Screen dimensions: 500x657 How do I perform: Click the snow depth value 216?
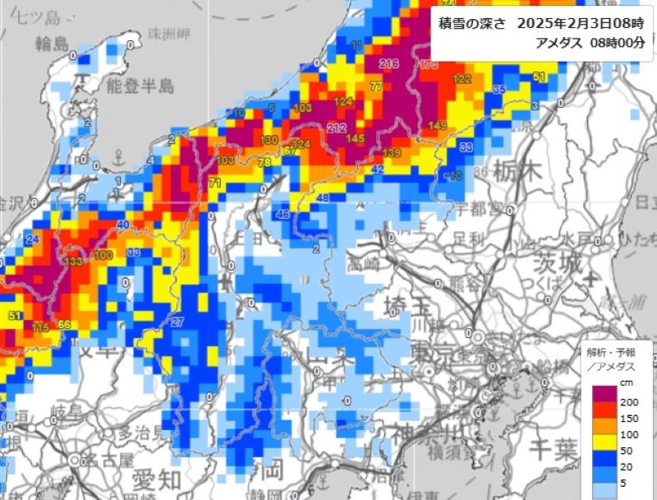pyautogui.click(x=388, y=63)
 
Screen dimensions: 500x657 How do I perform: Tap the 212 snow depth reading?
pyautogui.click(x=336, y=127)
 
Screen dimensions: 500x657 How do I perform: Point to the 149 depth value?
pyautogui.click(x=438, y=125)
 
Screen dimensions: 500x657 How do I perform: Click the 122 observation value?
pyautogui.click(x=462, y=79)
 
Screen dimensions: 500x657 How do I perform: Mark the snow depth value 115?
pyautogui.click(x=40, y=327)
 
